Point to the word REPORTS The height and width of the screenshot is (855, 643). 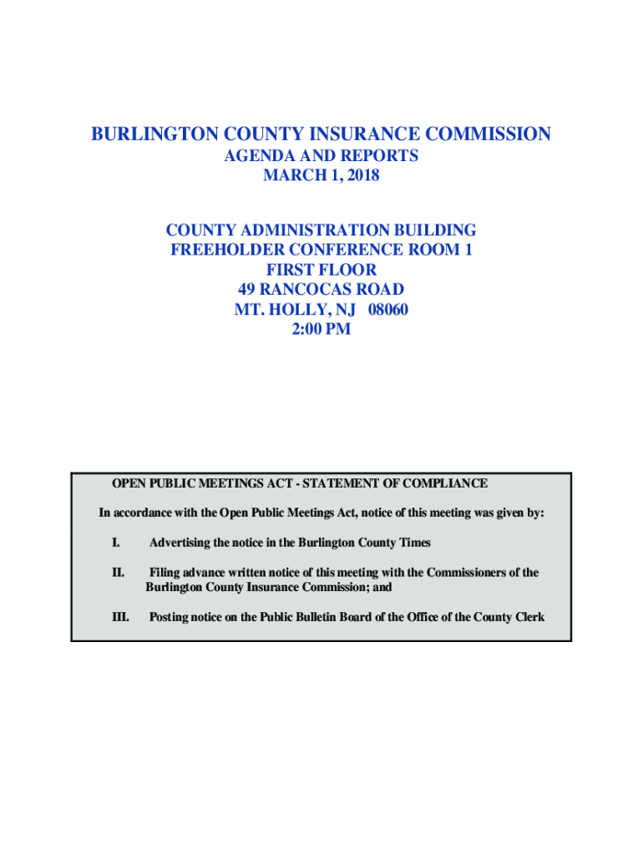coord(377,156)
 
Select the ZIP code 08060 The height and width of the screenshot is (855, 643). coord(382,310)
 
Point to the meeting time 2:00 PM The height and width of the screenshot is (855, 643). coord(321,330)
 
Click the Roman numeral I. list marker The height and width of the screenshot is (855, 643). coord(115,543)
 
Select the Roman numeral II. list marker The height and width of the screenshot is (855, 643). coord(118,573)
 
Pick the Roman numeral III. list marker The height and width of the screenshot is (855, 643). coord(120,618)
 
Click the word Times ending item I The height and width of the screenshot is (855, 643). coord(414,543)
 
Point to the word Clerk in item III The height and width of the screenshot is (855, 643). coord(529,618)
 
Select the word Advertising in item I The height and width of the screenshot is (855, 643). coord(180,543)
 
